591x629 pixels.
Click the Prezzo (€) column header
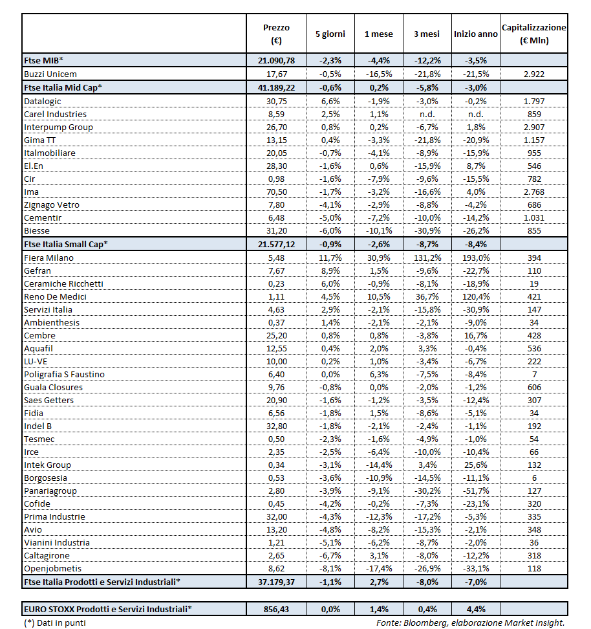[276, 34]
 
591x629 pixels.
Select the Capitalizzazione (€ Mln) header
[533, 34]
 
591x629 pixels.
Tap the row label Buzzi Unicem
[50, 74]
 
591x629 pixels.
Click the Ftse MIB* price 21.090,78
[276, 60]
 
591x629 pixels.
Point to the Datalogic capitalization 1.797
[533, 101]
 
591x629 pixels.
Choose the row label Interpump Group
[58, 127]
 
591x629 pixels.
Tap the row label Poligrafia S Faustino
[64, 374]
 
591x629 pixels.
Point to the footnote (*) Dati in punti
[55, 623]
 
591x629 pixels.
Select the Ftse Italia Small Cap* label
[65, 244]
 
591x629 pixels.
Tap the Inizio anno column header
[475, 34]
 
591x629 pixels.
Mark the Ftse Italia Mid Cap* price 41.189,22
[276, 87]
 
